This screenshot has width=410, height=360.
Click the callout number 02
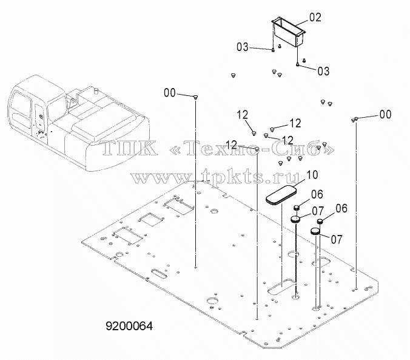click(315, 18)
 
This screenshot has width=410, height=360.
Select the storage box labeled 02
click(289, 32)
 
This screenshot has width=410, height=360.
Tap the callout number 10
click(312, 175)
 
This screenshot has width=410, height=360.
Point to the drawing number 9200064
click(129, 326)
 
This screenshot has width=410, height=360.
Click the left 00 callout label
click(170, 93)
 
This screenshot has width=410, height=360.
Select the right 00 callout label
click(385, 114)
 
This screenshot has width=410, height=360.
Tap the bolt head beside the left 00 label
click(195, 97)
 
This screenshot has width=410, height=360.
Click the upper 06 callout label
click(317, 194)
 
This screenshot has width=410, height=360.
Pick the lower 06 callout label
click(341, 209)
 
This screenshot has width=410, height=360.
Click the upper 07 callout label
click(318, 211)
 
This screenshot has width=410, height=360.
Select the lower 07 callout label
click(337, 239)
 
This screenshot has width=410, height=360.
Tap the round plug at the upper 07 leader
click(296, 219)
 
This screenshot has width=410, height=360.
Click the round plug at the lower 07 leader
click(315, 231)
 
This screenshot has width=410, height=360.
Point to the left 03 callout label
click(243, 47)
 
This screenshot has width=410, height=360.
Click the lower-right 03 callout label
click(323, 71)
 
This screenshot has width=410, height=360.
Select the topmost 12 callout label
click(243, 115)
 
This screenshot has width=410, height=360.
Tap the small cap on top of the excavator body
click(96, 91)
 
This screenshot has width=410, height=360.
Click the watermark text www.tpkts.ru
click(215, 177)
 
